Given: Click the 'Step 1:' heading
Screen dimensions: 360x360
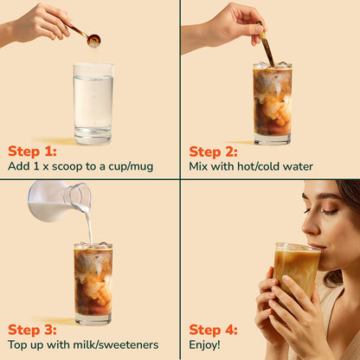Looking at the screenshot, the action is point(32,151).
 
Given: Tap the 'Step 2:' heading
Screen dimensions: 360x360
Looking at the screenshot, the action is point(213,151).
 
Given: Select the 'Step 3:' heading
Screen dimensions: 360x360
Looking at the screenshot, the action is point(32,330).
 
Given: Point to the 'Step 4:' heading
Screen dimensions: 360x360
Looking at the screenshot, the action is point(213,330).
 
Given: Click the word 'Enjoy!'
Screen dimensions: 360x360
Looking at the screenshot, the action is point(204,344).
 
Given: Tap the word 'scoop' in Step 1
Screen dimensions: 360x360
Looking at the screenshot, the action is point(67,166).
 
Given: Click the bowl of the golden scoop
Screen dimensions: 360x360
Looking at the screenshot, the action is point(93,40).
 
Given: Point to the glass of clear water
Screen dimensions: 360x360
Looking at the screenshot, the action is point(93,104).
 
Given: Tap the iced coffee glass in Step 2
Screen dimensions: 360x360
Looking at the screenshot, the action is point(273,103).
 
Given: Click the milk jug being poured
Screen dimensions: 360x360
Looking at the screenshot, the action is point(59,201).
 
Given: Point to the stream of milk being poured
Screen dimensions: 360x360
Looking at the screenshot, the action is point(89,227).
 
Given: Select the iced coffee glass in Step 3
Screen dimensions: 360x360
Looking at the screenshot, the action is point(93,284).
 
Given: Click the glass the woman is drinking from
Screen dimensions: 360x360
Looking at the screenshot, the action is point(297,271).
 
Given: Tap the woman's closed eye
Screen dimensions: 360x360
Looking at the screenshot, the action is point(329,212).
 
